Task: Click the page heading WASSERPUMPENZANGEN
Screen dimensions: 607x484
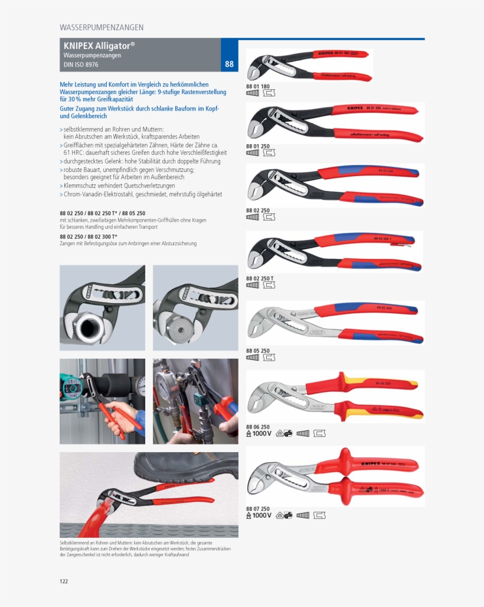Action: [102, 27]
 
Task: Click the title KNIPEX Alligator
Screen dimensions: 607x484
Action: [99, 46]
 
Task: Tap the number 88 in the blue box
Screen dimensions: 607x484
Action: [229, 64]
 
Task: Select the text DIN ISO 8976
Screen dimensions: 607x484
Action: [81, 64]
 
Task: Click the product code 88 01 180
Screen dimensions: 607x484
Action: [257, 86]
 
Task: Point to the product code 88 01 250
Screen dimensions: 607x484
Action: [257, 146]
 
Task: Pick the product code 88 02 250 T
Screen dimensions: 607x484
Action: [260, 278]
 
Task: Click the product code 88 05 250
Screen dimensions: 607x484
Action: [257, 350]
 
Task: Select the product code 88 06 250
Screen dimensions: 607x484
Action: [257, 427]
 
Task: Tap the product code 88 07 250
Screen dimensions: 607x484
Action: [257, 508]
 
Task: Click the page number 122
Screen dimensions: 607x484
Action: [64, 581]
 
